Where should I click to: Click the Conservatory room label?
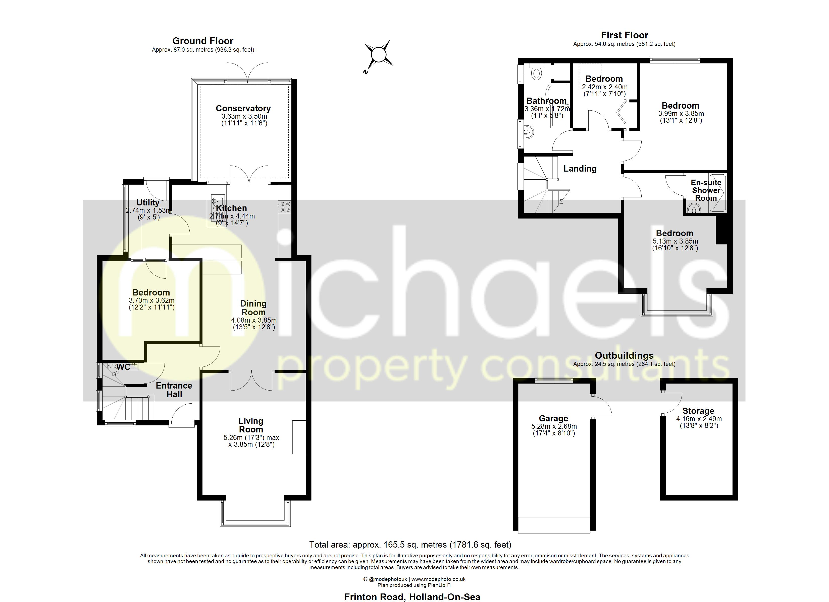pos(243,108)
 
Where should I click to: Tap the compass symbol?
pos(378,55)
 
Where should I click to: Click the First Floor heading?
pos(624,35)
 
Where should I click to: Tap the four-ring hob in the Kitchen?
pos(285,207)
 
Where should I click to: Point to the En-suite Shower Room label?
pos(706,190)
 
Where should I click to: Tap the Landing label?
pos(580,169)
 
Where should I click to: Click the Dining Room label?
pos(253,308)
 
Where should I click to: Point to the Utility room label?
pos(148,202)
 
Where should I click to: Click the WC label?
pos(123,367)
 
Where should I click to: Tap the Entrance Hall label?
pos(174,390)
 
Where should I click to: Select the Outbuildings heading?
pos(624,356)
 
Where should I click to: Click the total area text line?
pos(410,545)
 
